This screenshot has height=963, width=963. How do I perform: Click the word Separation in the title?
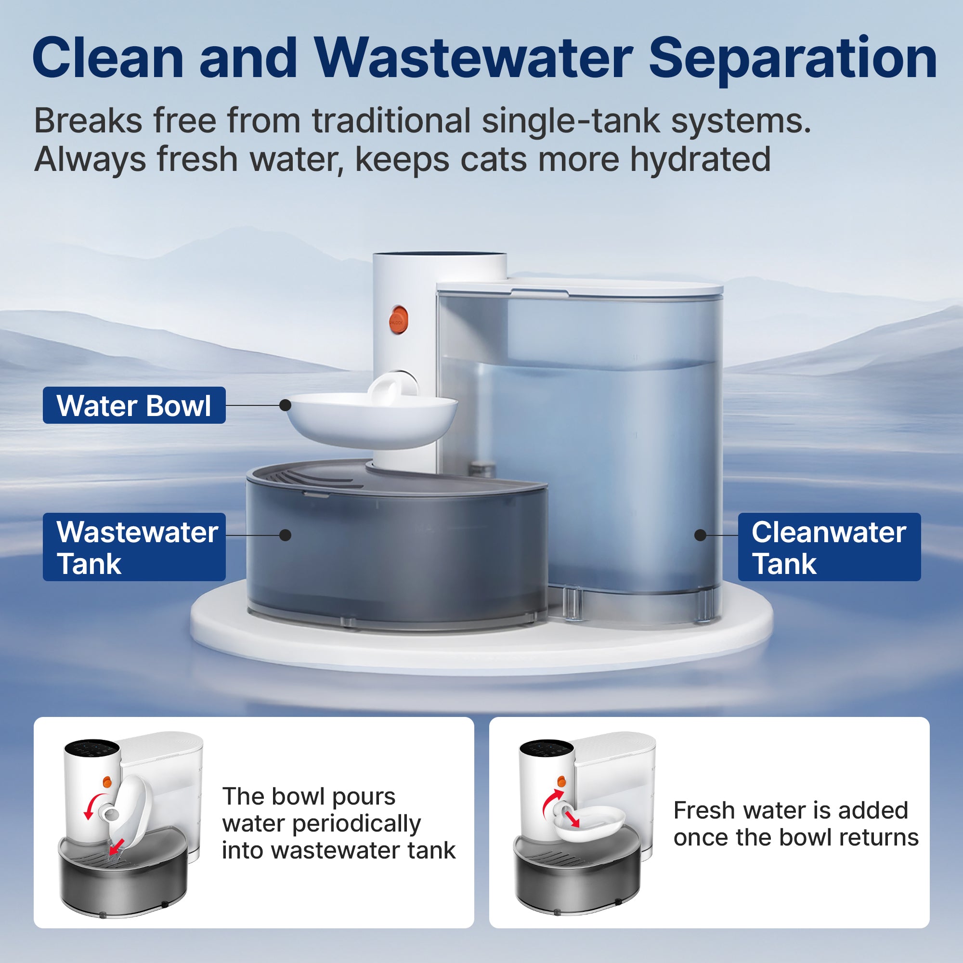tap(793, 59)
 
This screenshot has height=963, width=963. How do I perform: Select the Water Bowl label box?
tap(134, 405)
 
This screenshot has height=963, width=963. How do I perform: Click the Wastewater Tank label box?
tap(134, 547)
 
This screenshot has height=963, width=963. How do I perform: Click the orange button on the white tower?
tap(399, 320)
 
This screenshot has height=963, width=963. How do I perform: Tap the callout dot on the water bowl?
tap(285, 405)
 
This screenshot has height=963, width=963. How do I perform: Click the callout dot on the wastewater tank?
tap(285, 535)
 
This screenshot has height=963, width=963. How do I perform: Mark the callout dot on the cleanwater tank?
tap(700, 535)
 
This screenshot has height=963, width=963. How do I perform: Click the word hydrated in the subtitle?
tap(700, 159)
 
